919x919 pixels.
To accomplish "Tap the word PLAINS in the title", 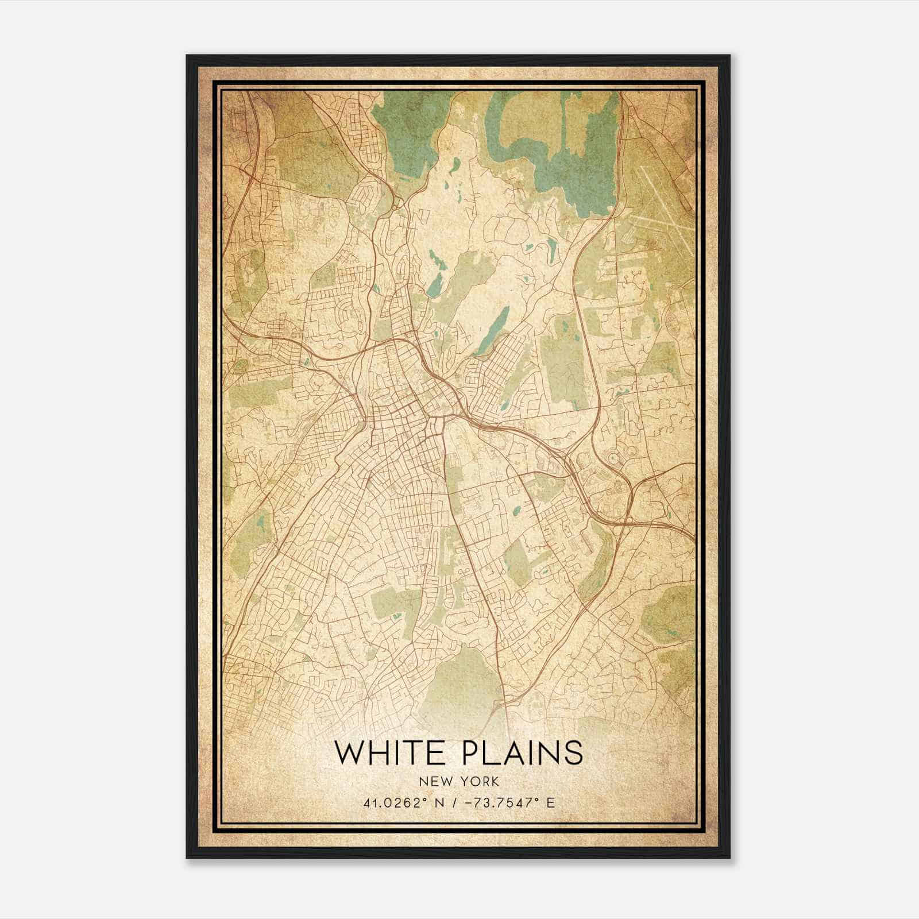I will tap(526, 752).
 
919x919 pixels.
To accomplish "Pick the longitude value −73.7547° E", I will tap(504, 802).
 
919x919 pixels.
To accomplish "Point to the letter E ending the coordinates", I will tap(551, 802).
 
